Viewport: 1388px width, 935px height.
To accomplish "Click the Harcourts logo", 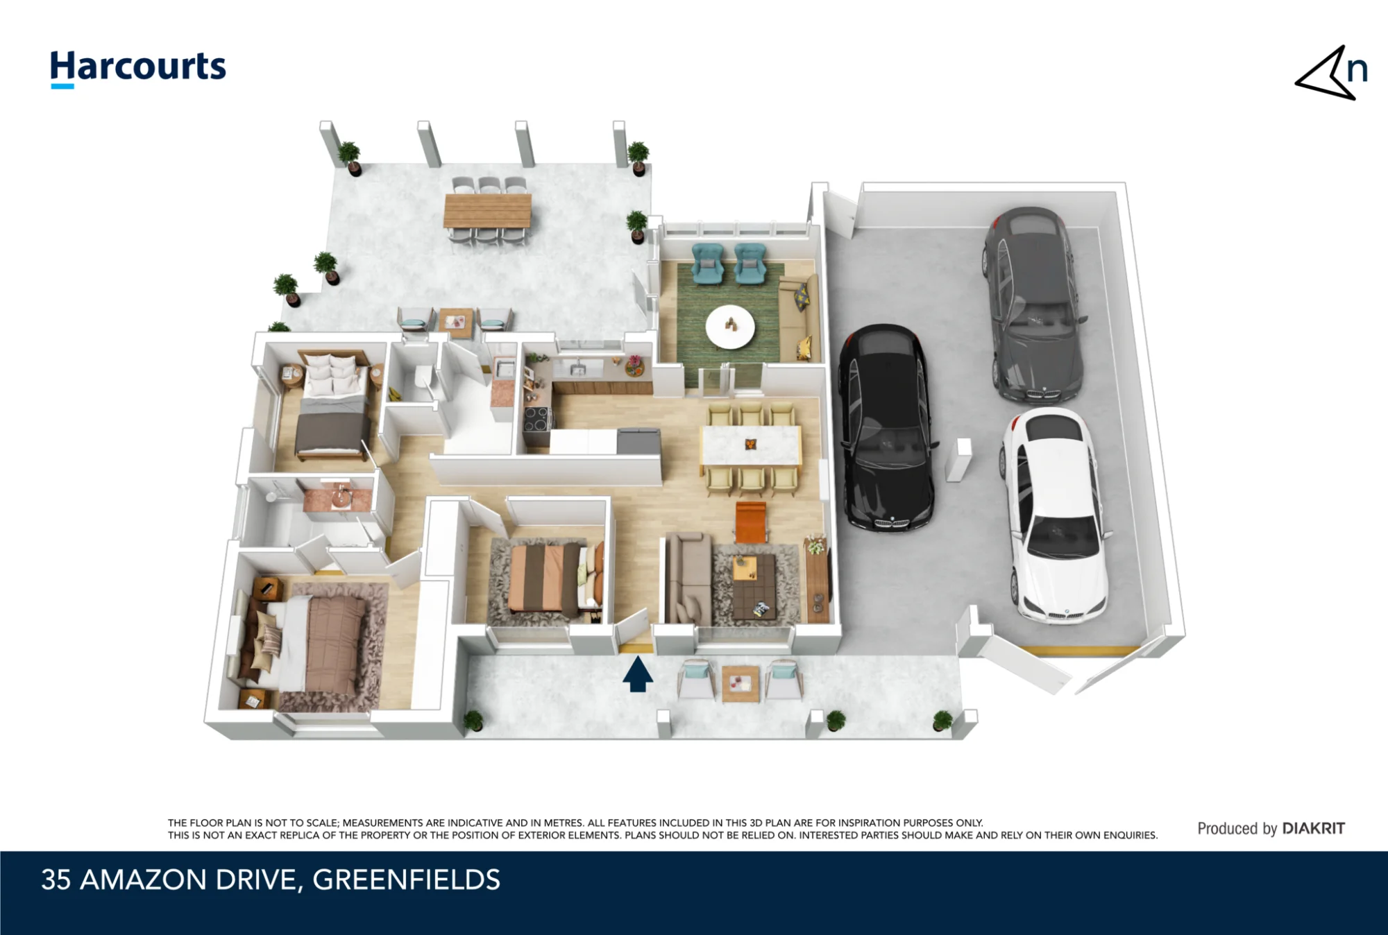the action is pyautogui.click(x=138, y=69).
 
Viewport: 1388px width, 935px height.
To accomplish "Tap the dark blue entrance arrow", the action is pyautogui.click(x=637, y=674).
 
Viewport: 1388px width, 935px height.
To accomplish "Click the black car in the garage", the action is pyautogui.click(x=886, y=427).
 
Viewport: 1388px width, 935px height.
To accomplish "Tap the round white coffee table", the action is pyautogui.click(x=729, y=326).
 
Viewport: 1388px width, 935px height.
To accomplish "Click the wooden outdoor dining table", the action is pyautogui.click(x=487, y=210).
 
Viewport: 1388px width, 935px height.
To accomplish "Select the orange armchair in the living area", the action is pyautogui.click(x=750, y=521).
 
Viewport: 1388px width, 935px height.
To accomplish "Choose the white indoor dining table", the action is pyautogui.click(x=751, y=445).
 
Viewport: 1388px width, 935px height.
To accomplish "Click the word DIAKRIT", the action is pyautogui.click(x=1313, y=828).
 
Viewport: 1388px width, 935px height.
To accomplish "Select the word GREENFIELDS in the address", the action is pyautogui.click(x=406, y=880).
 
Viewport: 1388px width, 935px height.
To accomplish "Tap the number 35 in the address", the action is pyautogui.click(x=56, y=880).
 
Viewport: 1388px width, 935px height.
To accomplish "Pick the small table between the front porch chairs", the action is pyautogui.click(x=740, y=683).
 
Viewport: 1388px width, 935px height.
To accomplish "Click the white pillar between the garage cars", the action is pyautogui.click(x=959, y=458).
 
